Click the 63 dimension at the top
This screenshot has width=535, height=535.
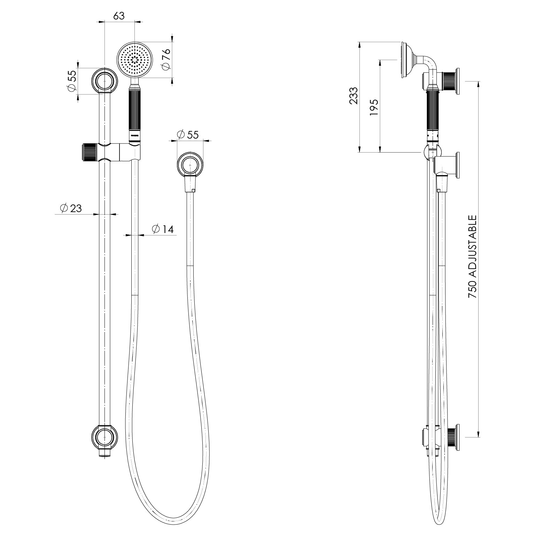click(x=119, y=16)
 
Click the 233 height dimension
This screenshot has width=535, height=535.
click(x=354, y=95)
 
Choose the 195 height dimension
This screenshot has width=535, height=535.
click(x=374, y=108)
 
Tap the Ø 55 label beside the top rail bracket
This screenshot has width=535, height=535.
click(x=72, y=83)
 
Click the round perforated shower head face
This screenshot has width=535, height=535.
click(x=135, y=60)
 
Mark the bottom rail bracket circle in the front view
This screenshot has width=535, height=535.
click(x=104, y=436)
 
